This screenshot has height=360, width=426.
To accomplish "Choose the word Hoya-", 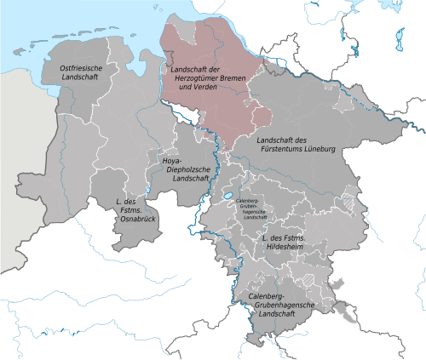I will [174, 159].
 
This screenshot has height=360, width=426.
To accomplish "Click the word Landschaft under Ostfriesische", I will [79, 77].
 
